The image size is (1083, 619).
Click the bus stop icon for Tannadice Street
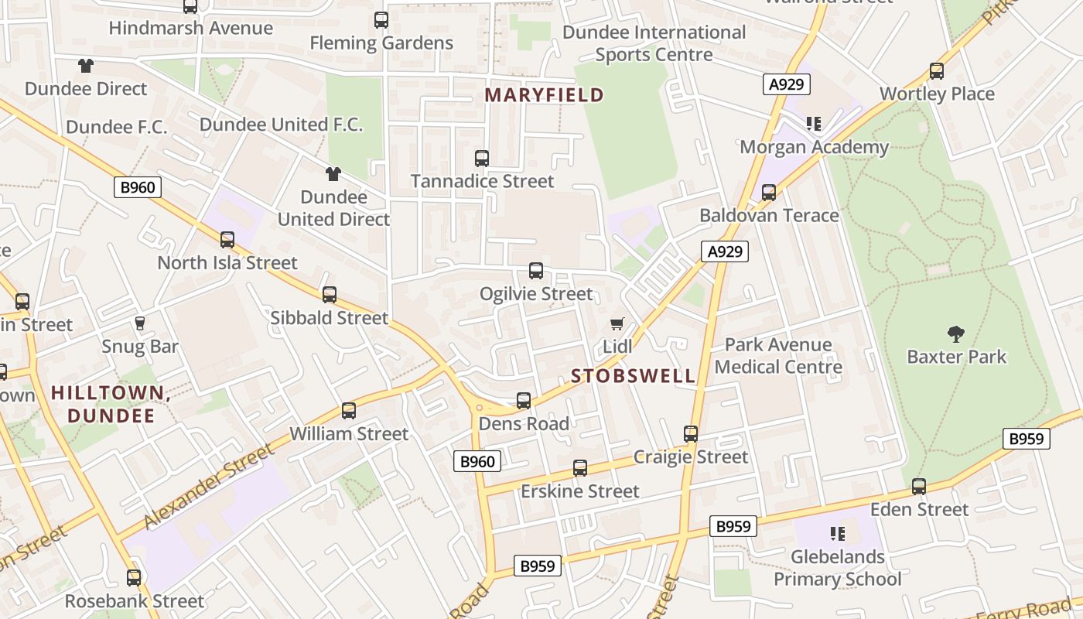(482, 159)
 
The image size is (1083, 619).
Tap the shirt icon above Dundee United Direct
(333, 174)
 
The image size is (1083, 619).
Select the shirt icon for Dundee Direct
(85, 67)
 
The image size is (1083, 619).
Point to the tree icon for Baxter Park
(956, 334)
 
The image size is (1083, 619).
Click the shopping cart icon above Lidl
(617, 323)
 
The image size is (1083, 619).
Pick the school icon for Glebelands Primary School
(837, 533)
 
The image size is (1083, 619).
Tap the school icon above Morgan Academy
(813, 124)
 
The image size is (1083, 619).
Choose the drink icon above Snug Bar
(140, 323)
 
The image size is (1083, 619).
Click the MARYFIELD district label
(544, 95)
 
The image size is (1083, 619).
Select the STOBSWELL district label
(634, 376)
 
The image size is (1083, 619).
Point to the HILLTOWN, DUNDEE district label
(111, 404)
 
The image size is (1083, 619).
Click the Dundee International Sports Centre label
(654, 43)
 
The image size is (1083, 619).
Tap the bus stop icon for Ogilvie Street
(535, 271)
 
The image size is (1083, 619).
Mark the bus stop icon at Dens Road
(524, 401)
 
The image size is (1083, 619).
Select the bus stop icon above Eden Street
(919, 487)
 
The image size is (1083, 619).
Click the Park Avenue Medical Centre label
(778, 355)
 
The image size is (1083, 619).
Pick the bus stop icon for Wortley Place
(937, 71)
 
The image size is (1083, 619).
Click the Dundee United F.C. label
(281, 125)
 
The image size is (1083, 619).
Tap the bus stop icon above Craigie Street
(691, 434)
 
